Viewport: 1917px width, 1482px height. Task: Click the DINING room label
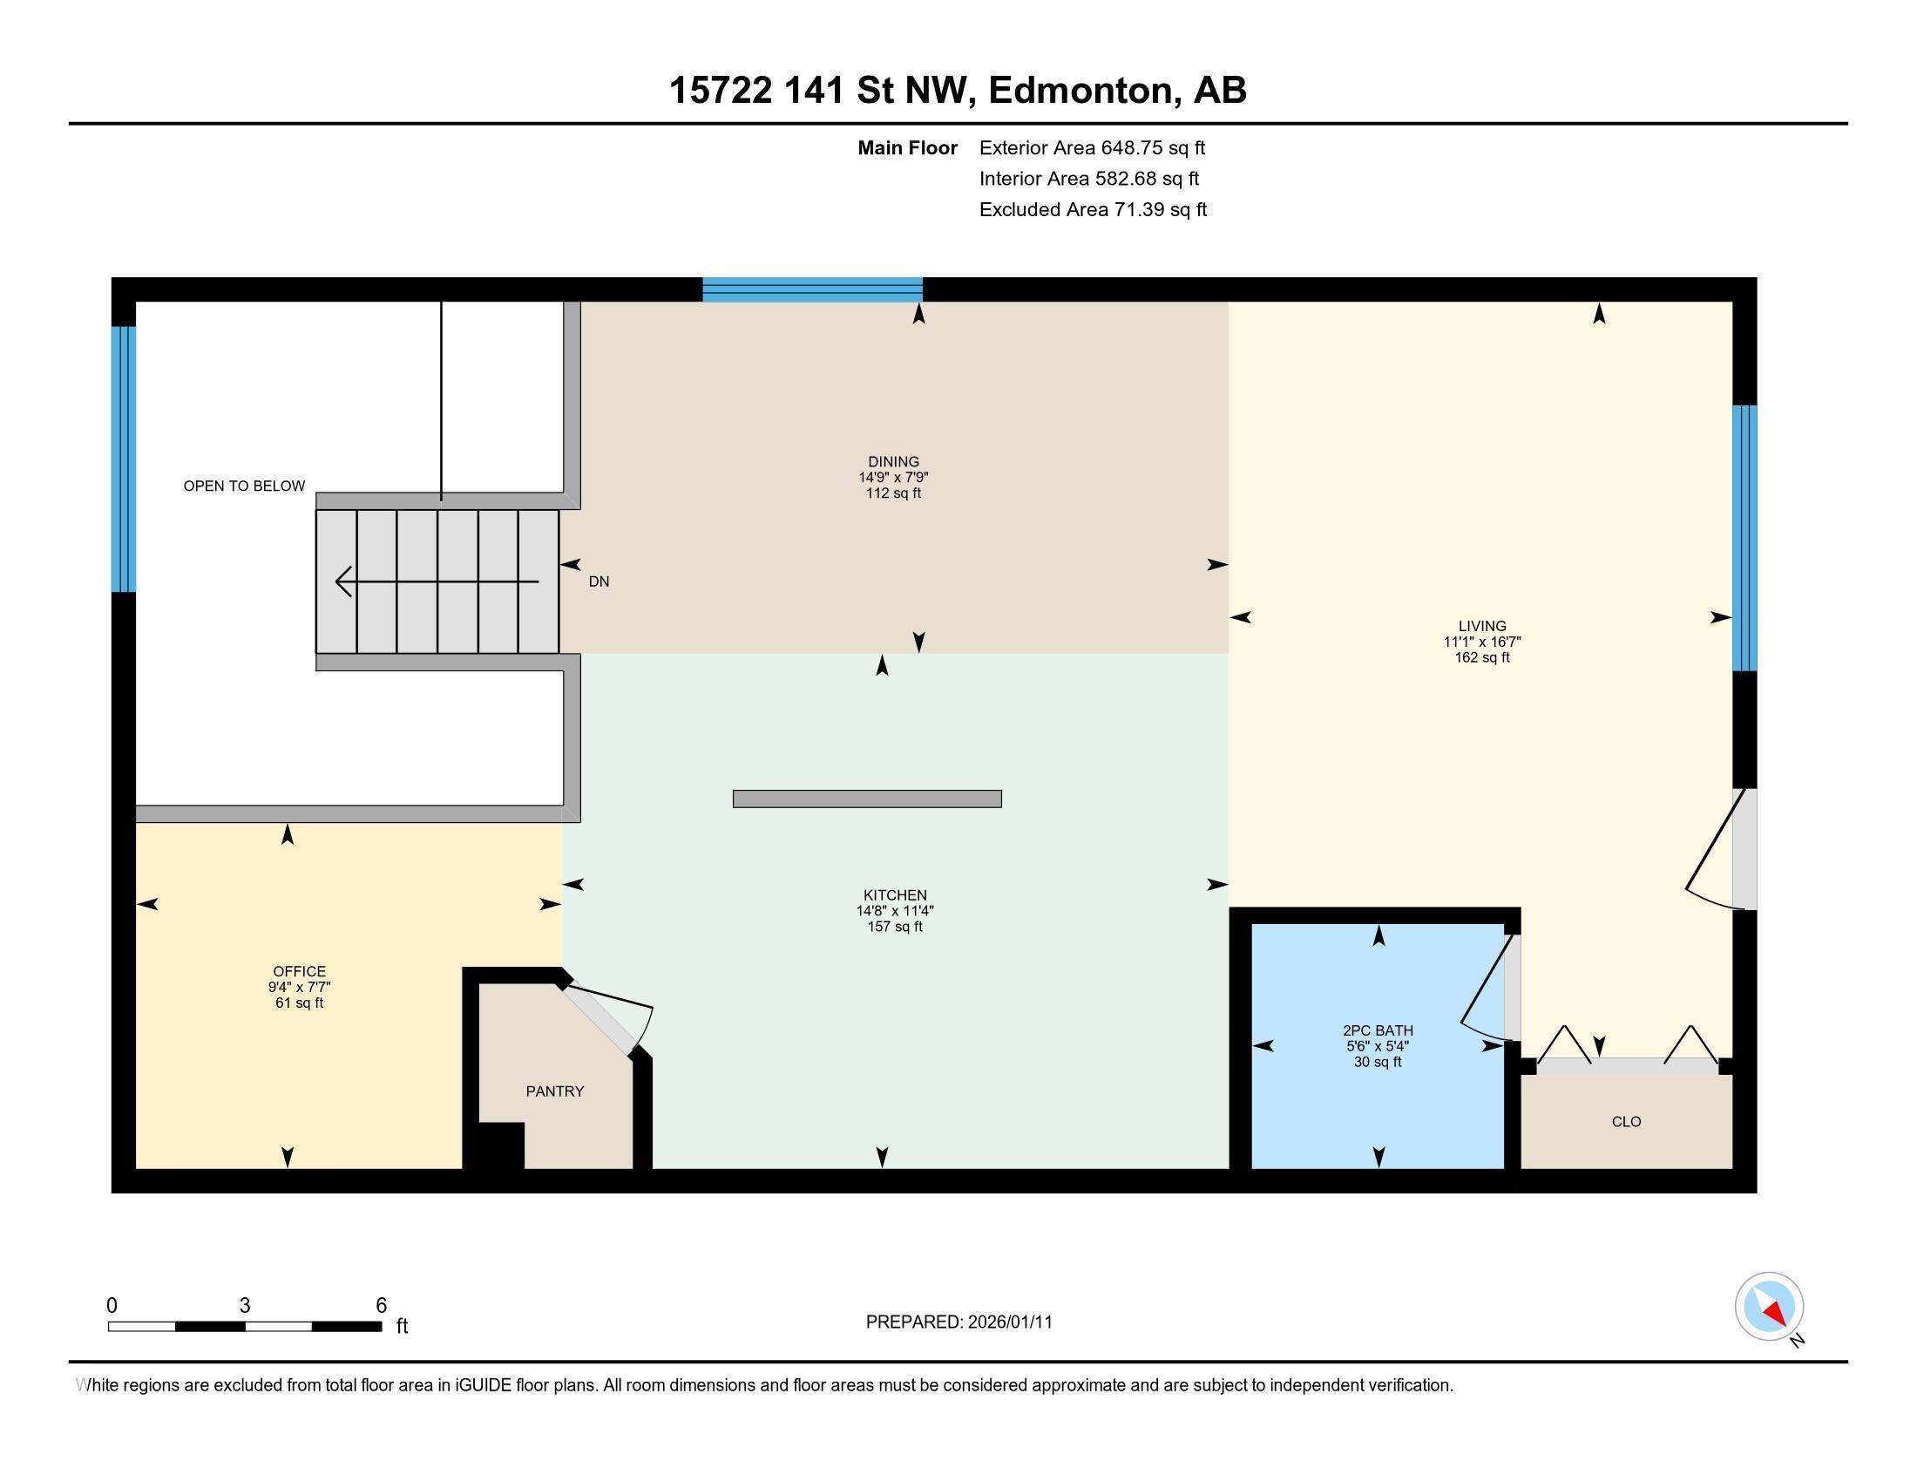[x=893, y=462]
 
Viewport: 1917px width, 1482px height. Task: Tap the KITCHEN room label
[x=894, y=895]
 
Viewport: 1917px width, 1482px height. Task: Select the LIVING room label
[x=1482, y=626]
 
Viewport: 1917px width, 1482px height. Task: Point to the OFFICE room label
[x=299, y=971]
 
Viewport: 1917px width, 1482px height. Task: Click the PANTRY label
[x=555, y=1091]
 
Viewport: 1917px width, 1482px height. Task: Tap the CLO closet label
[x=1627, y=1121]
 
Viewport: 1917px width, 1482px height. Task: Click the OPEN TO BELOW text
[x=244, y=486]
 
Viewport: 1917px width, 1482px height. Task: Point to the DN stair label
[x=599, y=581]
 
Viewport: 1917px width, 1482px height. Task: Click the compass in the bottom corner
[x=1770, y=1307]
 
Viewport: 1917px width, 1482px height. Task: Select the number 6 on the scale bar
[x=381, y=1306]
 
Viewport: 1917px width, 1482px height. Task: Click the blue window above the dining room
[x=812, y=289]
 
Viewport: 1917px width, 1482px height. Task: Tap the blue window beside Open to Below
[x=124, y=459]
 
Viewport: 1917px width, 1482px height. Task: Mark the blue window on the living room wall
[x=1744, y=538]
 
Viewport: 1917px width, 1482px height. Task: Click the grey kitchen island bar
[x=867, y=799]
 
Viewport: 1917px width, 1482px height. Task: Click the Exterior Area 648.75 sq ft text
[x=1092, y=147]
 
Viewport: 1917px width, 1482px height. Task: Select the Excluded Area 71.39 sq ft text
[x=1093, y=210]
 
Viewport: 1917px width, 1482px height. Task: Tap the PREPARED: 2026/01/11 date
[x=958, y=1322]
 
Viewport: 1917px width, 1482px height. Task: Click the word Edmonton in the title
[x=1081, y=91]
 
